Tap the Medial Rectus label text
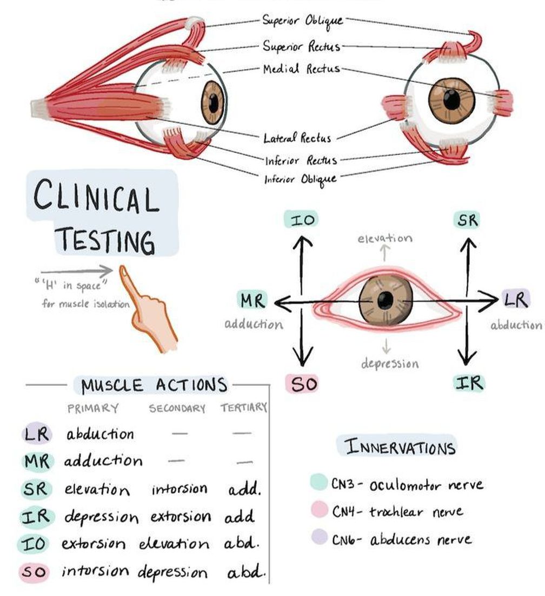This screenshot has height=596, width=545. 301,69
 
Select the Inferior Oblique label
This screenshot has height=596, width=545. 300,179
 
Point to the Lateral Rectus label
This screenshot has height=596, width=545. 297,138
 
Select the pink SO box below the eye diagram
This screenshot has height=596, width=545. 301,384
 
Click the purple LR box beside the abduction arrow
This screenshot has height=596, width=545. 516,300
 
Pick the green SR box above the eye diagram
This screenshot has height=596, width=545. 468,220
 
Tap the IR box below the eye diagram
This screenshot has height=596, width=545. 468,383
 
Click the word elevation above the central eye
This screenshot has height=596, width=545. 384,238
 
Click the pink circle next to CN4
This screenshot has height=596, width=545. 319,510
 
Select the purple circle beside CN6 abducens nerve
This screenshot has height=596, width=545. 319,537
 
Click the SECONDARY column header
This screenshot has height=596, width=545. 177,409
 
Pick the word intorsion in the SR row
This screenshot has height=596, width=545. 179,489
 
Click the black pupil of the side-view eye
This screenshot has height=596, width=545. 214,102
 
